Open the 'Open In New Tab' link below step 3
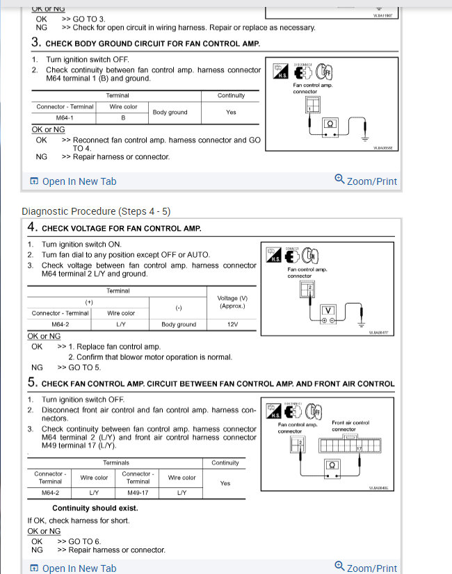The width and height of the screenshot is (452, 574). (79, 181)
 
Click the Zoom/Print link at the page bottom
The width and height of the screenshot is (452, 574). (371, 568)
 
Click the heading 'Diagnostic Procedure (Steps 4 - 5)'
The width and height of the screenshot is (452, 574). (96, 211)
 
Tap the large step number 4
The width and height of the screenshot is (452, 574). (32, 227)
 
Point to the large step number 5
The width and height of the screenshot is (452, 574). (32, 382)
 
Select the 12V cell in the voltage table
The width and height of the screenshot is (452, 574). (232, 325)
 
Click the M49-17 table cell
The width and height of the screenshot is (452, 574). (138, 493)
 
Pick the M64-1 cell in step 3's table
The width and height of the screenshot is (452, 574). (65, 118)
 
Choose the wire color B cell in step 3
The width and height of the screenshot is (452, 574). (123, 118)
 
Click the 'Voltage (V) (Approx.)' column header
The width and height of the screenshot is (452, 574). (232, 302)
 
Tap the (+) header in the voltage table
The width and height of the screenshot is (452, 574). (89, 302)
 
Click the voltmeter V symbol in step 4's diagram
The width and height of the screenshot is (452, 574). (328, 311)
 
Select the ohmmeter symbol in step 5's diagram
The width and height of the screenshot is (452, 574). (332, 465)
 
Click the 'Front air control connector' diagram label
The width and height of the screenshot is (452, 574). (351, 425)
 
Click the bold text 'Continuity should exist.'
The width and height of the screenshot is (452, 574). (95, 508)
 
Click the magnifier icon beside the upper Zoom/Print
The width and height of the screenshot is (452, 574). (339, 179)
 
